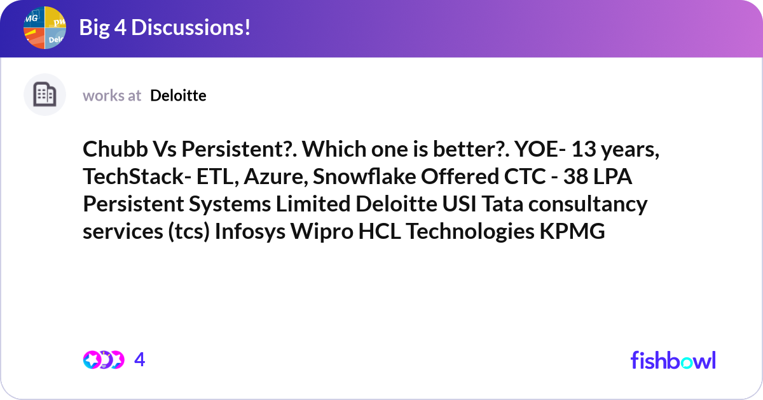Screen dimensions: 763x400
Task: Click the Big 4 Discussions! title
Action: click(165, 27)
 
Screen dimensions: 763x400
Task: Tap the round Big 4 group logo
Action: click(45, 27)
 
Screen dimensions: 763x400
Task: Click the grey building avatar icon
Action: click(45, 94)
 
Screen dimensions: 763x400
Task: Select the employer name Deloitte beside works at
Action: click(178, 96)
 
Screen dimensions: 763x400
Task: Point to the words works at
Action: click(112, 96)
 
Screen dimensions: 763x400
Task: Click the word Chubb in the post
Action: click(115, 149)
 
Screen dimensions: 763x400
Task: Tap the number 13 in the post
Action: click(583, 149)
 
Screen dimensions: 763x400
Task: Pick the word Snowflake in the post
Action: click(364, 176)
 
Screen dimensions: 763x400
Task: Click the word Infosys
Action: click(250, 231)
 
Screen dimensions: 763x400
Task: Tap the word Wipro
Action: click(322, 232)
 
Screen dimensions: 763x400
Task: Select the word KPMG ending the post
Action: click(572, 231)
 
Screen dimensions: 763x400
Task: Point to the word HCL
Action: click(380, 231)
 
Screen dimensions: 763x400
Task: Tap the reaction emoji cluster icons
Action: click(104, 360)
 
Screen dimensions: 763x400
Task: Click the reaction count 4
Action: click(140, 360)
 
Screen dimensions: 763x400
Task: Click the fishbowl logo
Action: click(673, 360)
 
